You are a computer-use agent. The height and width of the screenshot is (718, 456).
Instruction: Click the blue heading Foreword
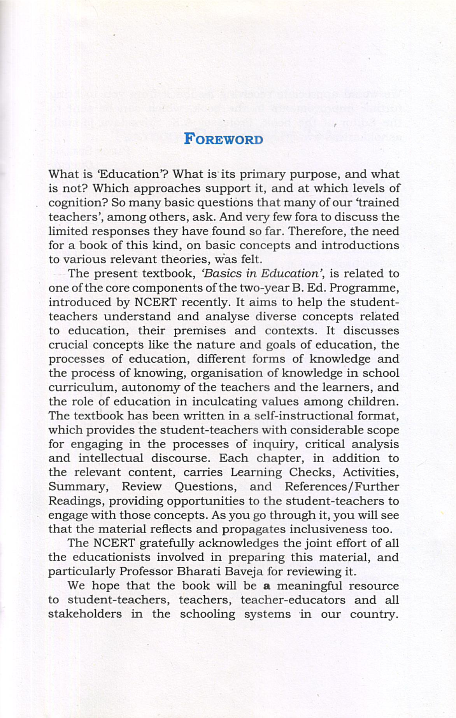pos(223,139)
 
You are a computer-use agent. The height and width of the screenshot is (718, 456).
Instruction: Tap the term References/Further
pos(342,487)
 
